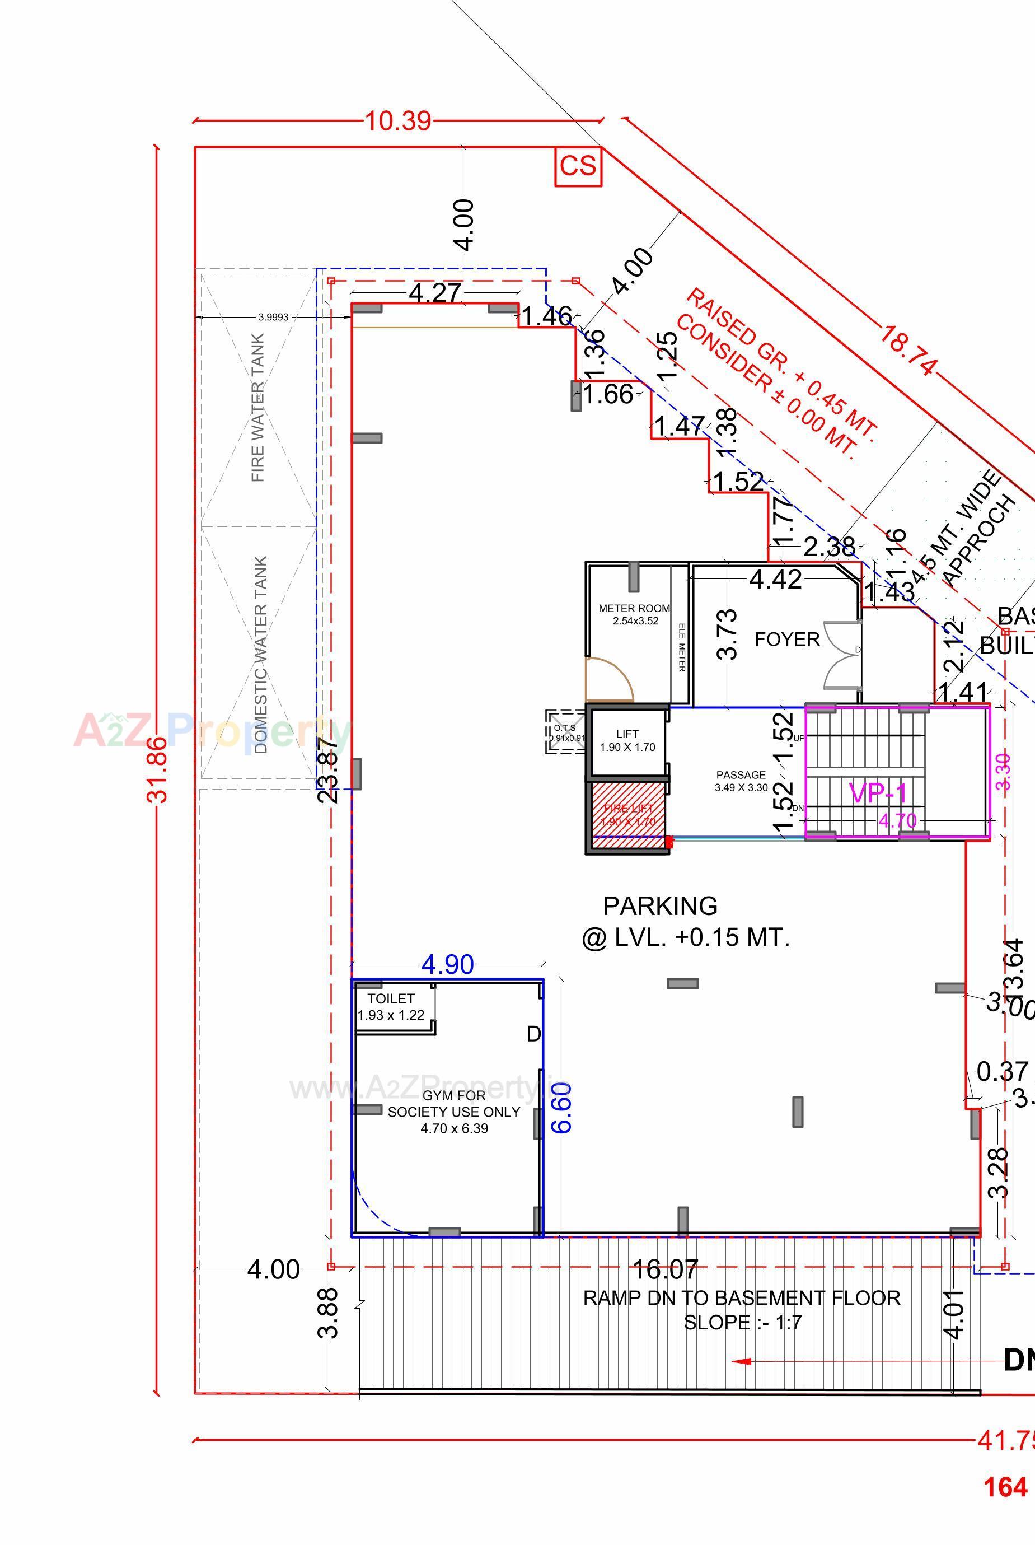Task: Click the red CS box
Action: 578,166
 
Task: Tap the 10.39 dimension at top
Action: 398,122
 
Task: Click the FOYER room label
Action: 787,639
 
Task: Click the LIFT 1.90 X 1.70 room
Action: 627,741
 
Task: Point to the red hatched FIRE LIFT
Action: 627,815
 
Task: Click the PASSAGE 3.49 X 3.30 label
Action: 741,781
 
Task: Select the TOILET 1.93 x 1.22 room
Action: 391,1007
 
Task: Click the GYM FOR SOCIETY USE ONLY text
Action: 453,1112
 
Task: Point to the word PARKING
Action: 660,906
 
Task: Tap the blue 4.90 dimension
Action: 448,965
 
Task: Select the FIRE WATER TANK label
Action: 258,407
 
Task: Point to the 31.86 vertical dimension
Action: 158,770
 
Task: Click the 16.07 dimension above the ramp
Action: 664,1269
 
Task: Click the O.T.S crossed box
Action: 566,731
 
